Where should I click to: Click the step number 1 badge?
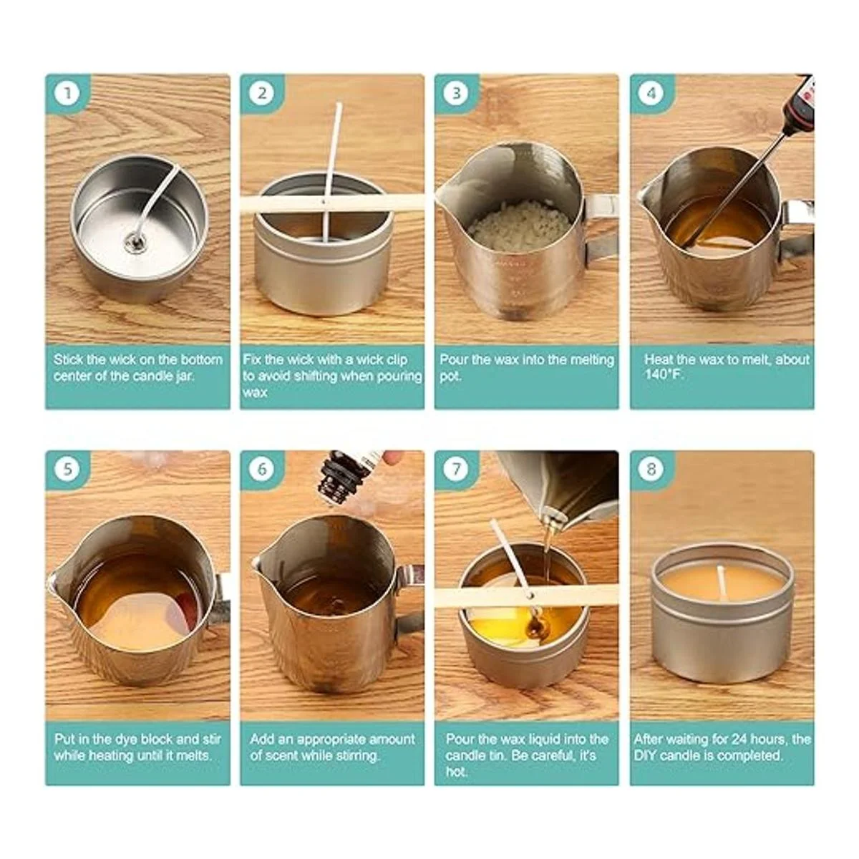point(67,94)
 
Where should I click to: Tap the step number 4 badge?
point(651,94)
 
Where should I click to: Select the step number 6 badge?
point(262,469)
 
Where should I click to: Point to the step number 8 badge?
point(651,469)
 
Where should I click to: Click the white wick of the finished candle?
point(720,581)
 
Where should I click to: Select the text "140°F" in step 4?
point(664,374)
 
